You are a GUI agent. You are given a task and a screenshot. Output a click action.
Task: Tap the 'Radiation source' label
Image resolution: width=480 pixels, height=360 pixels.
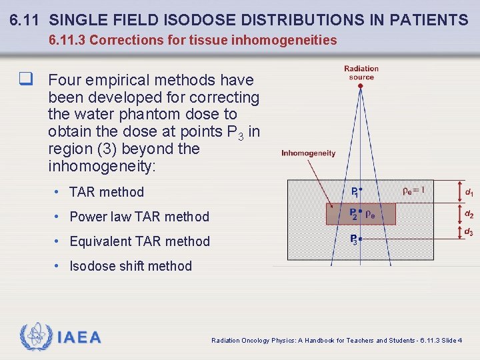361,73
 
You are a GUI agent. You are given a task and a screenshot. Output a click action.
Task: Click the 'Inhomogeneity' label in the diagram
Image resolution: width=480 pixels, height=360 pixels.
308,153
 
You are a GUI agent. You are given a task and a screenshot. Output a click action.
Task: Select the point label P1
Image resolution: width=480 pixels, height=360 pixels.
355,192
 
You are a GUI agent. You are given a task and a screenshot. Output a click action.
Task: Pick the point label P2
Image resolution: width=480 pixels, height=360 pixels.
355,214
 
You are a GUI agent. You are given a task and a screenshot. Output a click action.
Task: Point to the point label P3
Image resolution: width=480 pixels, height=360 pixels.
355,239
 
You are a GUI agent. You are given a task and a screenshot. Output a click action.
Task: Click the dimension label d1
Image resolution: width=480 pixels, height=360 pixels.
469,193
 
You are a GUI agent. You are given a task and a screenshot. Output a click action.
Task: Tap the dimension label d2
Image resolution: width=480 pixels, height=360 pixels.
469,215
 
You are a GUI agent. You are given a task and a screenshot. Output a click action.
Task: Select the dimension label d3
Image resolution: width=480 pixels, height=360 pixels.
469,232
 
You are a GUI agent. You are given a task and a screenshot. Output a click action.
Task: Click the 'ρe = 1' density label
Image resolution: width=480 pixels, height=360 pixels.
414,190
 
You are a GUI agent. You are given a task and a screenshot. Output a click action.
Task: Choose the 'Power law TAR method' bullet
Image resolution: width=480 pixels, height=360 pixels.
139,217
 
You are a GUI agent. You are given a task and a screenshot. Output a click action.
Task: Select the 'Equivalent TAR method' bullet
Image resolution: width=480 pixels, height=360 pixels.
139,241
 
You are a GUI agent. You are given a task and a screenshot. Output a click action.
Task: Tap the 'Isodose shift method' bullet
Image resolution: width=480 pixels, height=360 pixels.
131,266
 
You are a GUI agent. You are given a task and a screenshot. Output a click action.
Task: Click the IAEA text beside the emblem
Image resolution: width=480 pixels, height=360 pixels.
79,338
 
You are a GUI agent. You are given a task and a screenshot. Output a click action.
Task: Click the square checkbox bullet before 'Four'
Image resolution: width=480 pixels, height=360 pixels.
26,80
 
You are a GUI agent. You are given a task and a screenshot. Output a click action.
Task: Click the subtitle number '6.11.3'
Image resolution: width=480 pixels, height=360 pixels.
67,40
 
